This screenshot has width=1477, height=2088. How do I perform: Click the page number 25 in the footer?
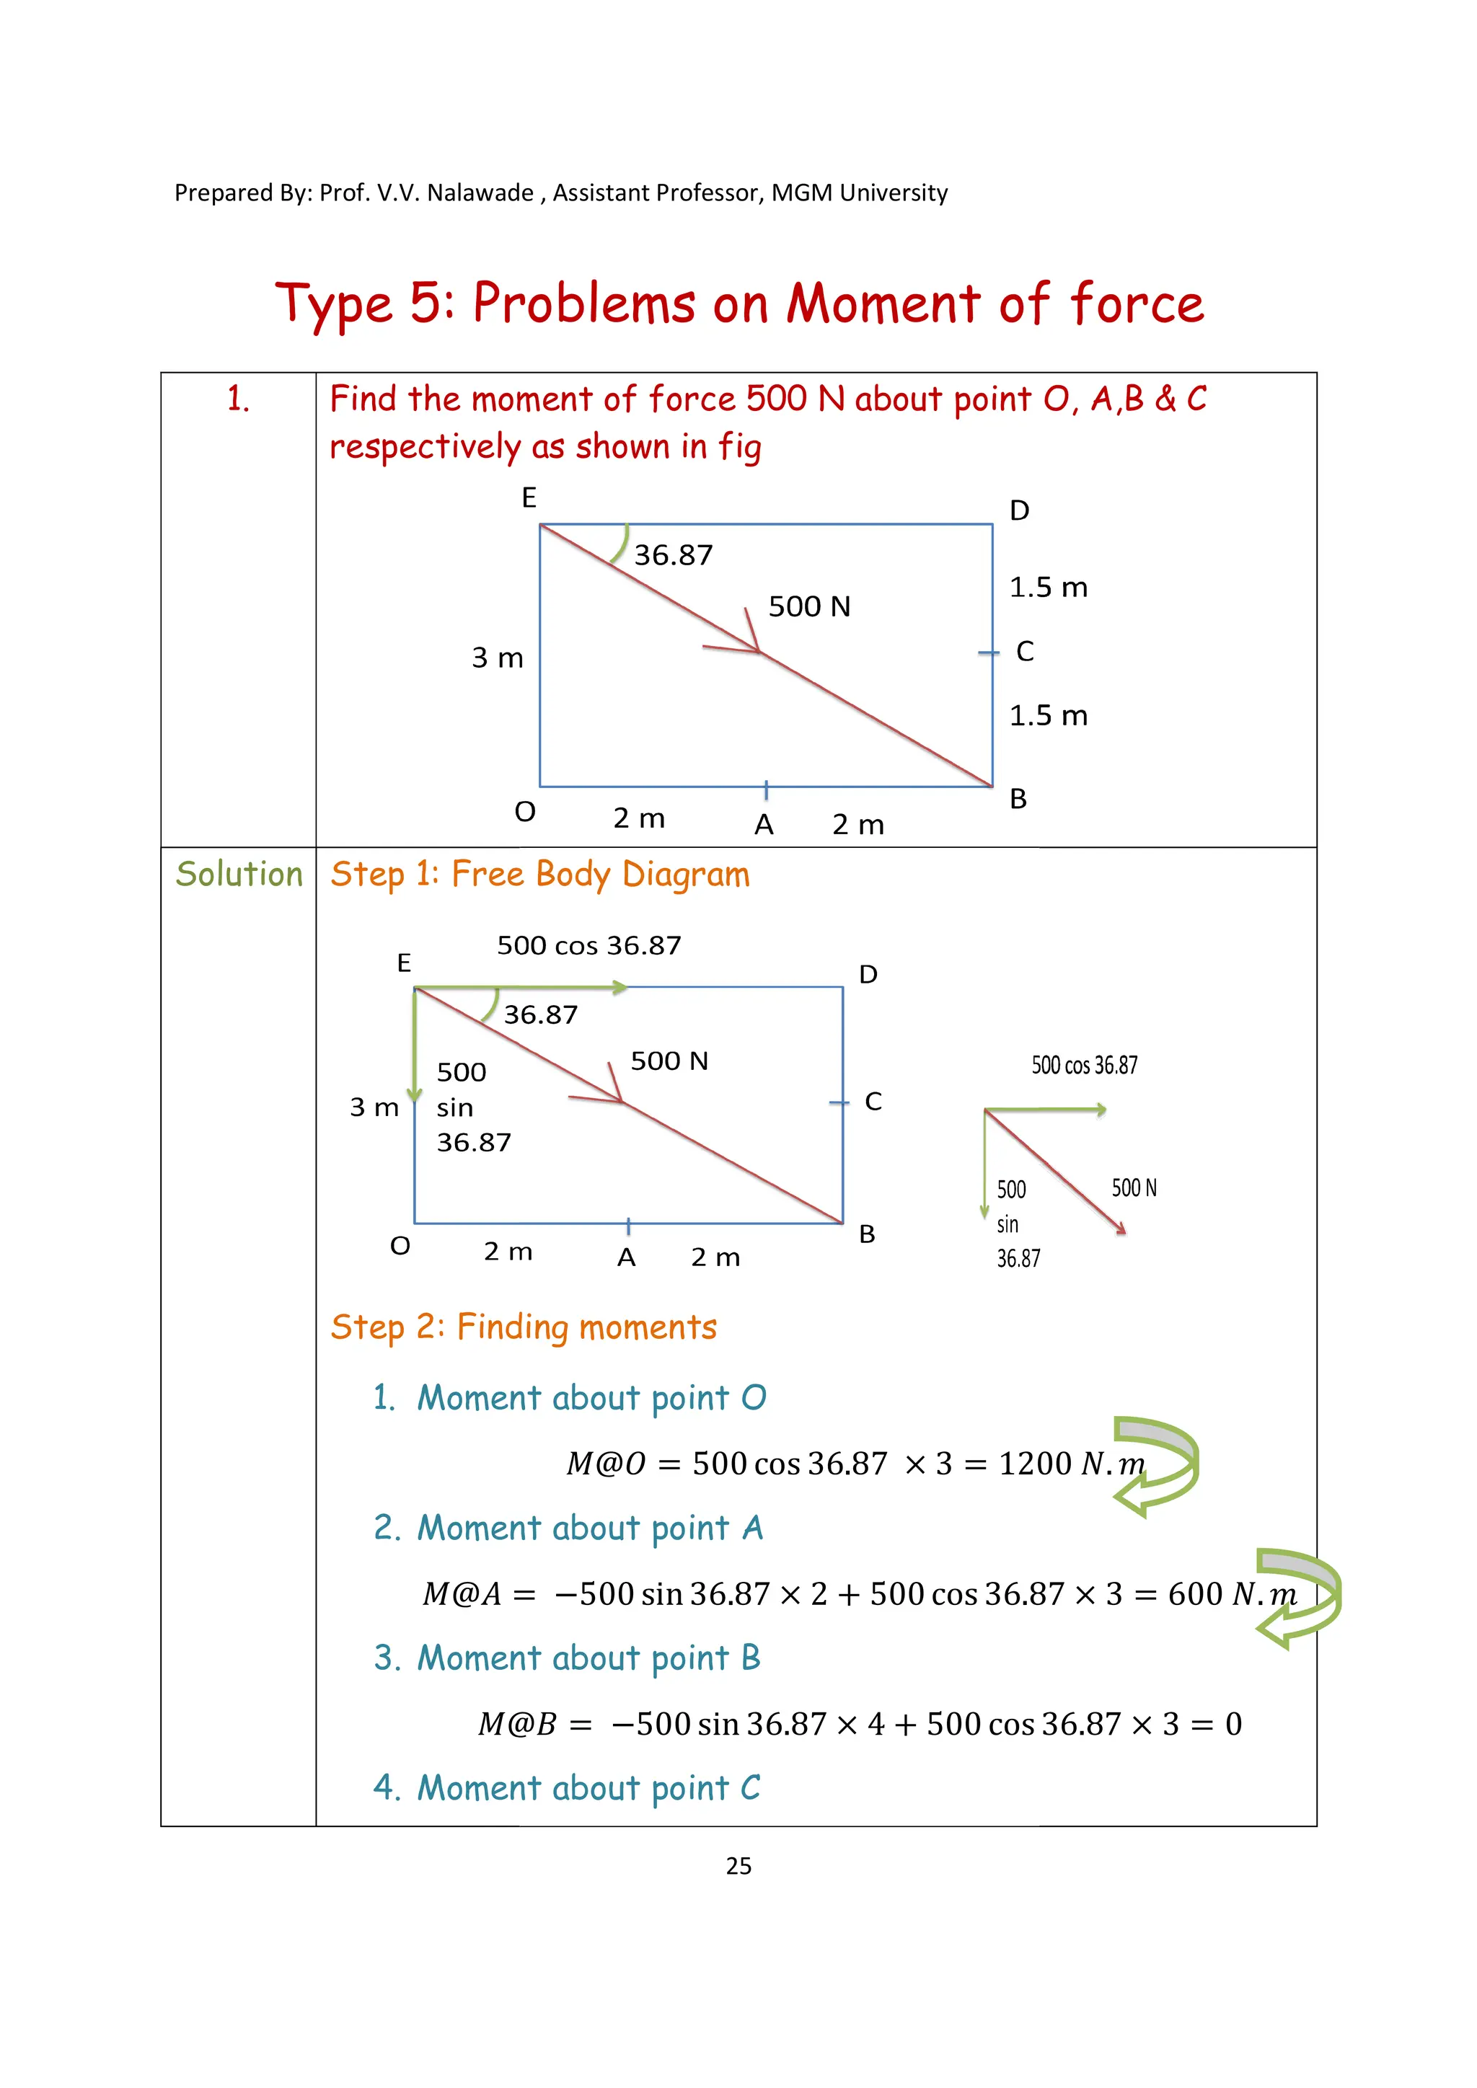738,1866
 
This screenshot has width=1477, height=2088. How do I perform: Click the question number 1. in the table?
238,399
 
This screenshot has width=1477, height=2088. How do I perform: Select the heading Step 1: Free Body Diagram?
539,875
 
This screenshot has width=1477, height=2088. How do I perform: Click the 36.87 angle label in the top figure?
673,554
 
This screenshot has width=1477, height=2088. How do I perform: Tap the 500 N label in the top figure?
808,606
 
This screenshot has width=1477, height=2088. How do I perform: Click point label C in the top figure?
1024,651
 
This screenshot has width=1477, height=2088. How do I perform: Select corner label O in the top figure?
525,811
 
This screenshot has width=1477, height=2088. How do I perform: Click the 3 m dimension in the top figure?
498,658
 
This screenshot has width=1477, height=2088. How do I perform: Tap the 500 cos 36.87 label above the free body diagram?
588,946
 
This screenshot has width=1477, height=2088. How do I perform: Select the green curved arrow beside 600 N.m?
1299,1597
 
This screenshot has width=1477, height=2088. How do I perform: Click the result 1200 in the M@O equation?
1035,1463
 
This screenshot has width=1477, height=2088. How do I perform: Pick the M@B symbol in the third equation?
516,1723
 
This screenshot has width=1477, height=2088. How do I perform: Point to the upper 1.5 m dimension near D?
1048,588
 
